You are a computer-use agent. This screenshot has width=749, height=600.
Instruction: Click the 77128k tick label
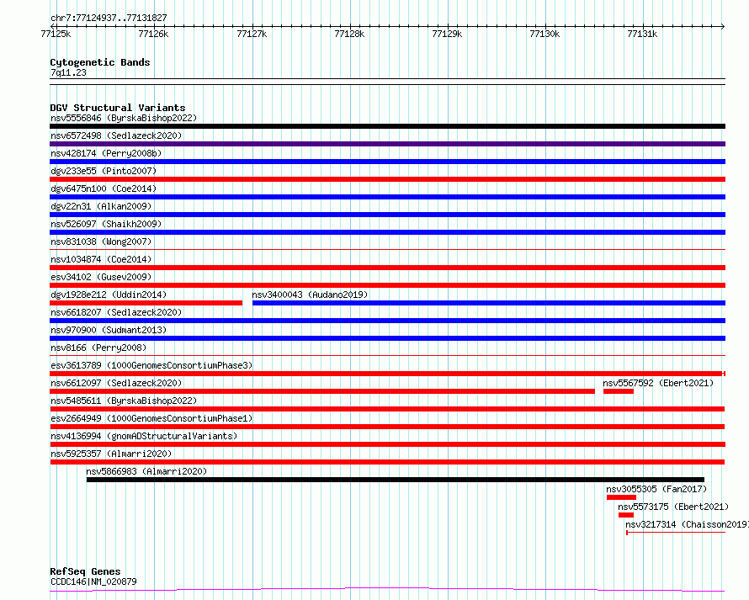point(348,34)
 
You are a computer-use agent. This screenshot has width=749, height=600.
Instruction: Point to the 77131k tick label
point(642,34)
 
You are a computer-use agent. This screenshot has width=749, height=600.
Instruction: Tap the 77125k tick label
point(56,34)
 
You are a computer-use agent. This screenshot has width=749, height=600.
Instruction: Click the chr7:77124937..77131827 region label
point(109,18)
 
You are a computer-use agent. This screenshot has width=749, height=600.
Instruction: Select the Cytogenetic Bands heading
point(100,62)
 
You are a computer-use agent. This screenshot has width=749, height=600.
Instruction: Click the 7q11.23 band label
point(68,72)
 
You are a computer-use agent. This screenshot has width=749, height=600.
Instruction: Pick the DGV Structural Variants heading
point(118,108)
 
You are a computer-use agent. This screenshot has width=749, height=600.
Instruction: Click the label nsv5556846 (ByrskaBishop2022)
point(124,118)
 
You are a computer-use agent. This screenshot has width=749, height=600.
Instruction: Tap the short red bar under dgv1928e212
point(146,303)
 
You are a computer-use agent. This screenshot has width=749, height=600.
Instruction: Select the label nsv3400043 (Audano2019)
point(310,295)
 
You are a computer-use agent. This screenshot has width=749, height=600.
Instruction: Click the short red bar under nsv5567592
point(619,391)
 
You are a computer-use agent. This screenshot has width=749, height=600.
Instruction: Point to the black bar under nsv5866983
point(396,480)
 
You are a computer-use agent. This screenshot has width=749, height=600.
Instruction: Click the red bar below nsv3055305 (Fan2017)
point(621,497)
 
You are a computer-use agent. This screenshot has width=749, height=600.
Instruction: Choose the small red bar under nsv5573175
point(626,515)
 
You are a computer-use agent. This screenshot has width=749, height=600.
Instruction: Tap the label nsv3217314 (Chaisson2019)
point(687,524)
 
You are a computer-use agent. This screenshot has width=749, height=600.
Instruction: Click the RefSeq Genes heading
point(85,571)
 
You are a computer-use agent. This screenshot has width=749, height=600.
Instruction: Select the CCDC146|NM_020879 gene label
point(93,581)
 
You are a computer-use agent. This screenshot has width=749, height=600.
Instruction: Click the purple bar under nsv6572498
point(387,144)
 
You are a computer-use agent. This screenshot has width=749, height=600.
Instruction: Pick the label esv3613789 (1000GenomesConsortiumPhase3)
point(151,365)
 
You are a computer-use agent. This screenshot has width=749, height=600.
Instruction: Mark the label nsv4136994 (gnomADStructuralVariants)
point(144,436)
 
